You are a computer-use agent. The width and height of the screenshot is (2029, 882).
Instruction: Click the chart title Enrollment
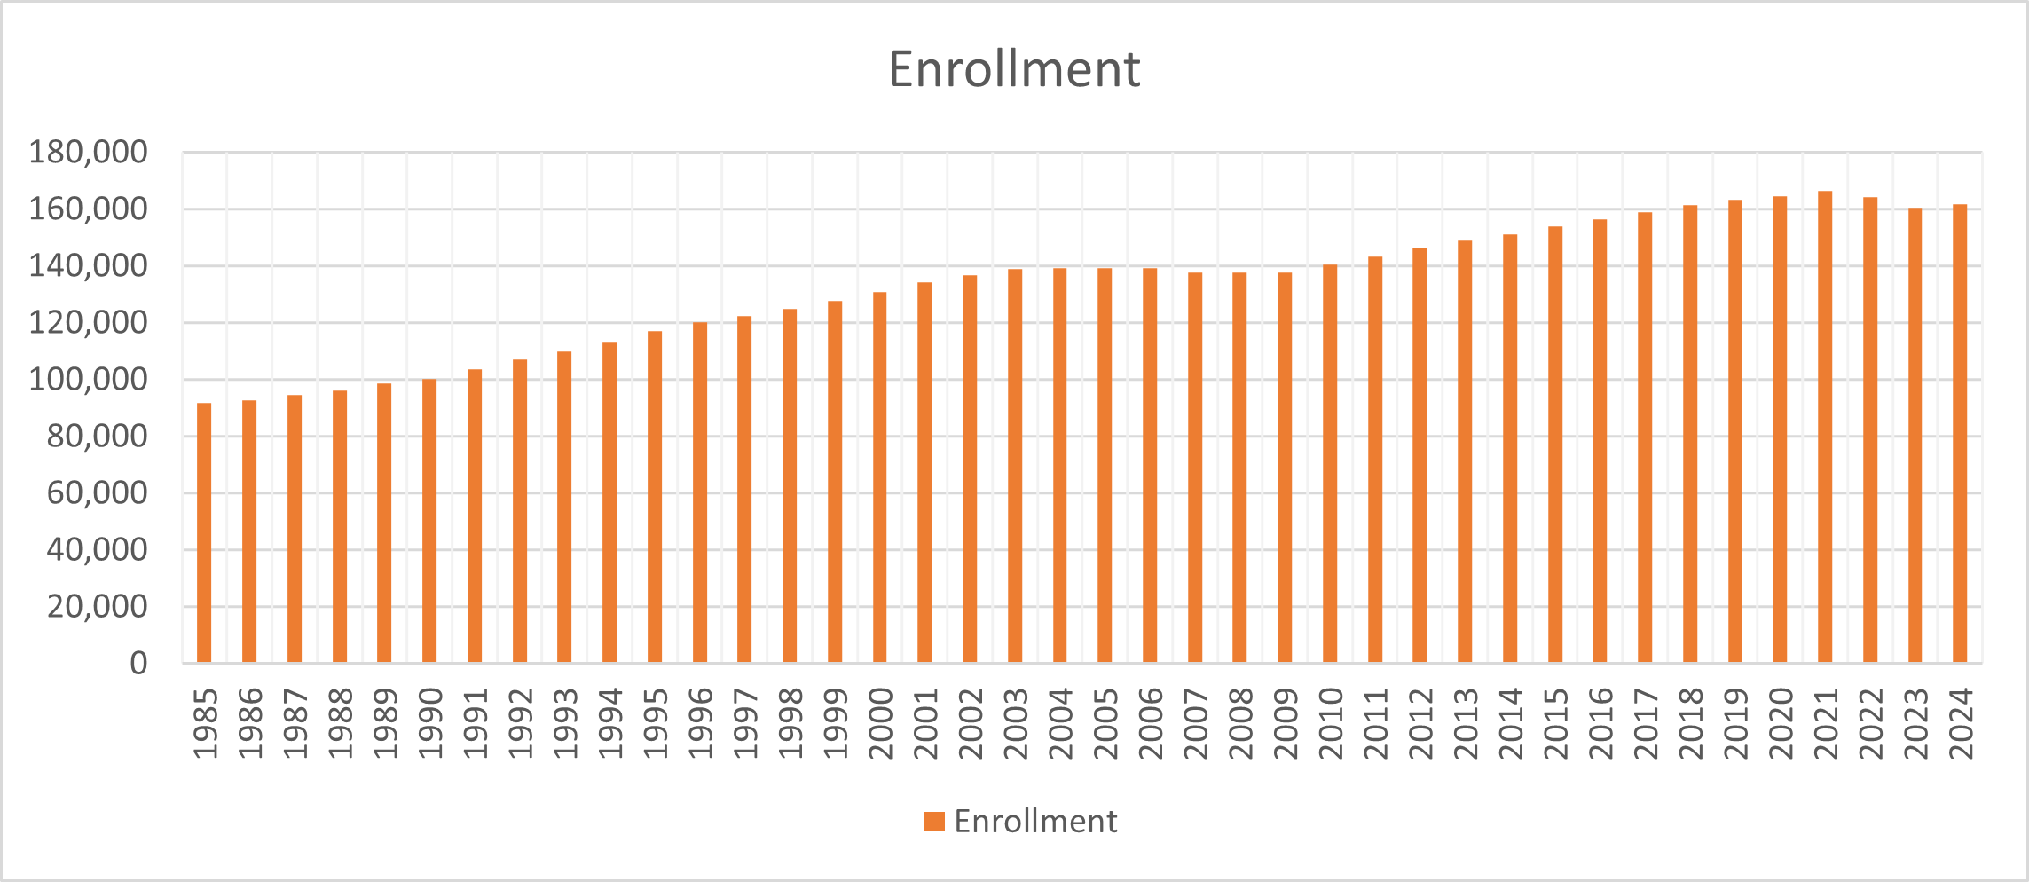pyautogui.click(x=1014, y=69)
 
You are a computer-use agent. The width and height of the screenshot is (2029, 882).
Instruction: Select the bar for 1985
pyautogui.click(x=204, y=532)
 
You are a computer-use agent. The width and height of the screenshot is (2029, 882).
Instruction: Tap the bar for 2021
pyautogui.click(x=1825, y=426)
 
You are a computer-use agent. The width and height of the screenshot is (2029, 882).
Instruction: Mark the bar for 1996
pyautogui.click(x=700, y=492)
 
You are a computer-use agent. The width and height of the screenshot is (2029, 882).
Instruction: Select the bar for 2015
pyautogui.click(x=1555, y=445)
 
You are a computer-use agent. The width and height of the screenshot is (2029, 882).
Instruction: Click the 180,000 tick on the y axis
pyautogui.click(x=88, y=153)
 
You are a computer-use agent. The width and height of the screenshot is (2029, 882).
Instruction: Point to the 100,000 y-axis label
pyautogui.click(x=88, y=380)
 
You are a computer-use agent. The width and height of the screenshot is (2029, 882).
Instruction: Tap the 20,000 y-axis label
pyautogui.click(x=97, y=607)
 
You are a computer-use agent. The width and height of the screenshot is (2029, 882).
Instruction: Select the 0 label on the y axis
pyautogui.click(x=138, y=664)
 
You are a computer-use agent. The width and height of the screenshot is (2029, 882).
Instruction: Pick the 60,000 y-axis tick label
pyautogui.click(x=97, y=493)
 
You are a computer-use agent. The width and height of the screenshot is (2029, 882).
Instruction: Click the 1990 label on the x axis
pyautogui.click(x=430, y=723)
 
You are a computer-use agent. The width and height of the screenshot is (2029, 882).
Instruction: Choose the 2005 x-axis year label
pyautogui.click(x=1105, y=723)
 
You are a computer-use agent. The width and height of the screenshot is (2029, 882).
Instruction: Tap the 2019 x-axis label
pyautogui.click(x=1736, y=723)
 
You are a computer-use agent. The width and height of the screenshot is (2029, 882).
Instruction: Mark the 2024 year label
pyautogui.click(x=1961, y=723)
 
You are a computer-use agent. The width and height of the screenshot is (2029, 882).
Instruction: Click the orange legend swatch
pyautogui.click(x=934, y=822)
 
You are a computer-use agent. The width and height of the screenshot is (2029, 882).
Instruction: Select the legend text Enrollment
pyautogui.click(x=1035, y=822)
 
